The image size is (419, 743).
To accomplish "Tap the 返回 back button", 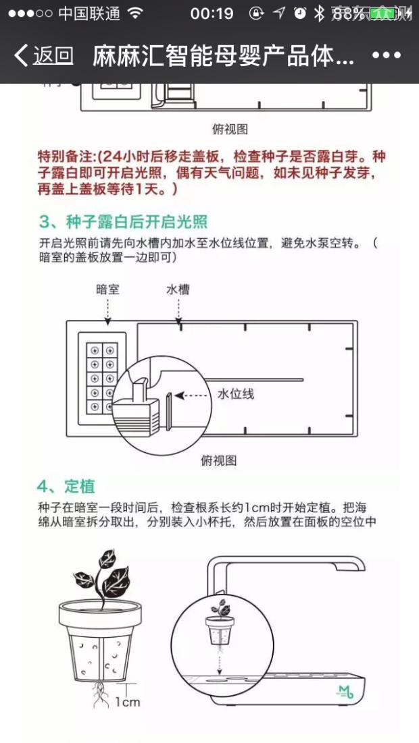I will tap(44, 55).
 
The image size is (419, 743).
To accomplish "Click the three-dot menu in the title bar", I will tap(387, 55).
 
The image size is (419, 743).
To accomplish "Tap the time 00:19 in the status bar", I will tap(212, 13).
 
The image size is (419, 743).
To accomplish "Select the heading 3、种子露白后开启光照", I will tap(123, 222).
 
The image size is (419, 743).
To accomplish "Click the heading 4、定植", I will tap(66, 486).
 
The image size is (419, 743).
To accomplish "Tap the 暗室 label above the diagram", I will tap(108, 290).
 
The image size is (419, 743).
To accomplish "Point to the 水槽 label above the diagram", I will tap(178, 290).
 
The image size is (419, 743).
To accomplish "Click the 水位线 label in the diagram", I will tap(236, 393).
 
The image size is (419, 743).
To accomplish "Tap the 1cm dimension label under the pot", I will tap(126, 702).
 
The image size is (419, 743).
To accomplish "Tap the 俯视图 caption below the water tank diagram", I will tap(218, 460).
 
